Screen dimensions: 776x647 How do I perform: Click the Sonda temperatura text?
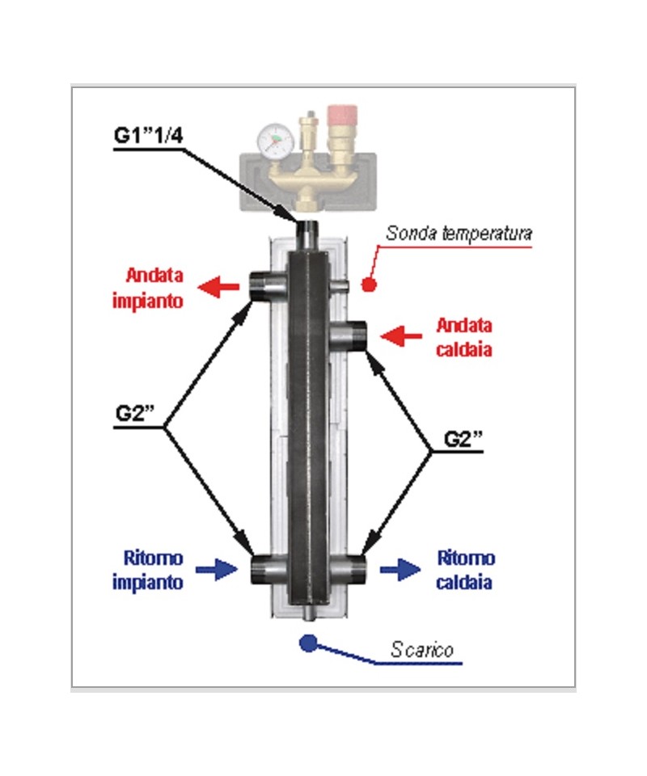click(x=458, y=234)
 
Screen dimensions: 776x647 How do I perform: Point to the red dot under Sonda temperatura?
click(x=368, y=285)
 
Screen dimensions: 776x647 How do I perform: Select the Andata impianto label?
click(x=153, y=287)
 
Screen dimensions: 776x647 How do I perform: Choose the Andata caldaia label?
click(x=464, y=338)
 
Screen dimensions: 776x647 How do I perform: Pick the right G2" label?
click(x=463, y=438)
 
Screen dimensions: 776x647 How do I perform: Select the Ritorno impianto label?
click(x=154, y=571)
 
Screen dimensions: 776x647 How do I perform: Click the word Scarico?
click(x=421, y=649)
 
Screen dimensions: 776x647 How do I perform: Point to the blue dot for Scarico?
click(x=307, y=643)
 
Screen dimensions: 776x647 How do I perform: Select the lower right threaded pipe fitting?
click(x=354, y=570)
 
